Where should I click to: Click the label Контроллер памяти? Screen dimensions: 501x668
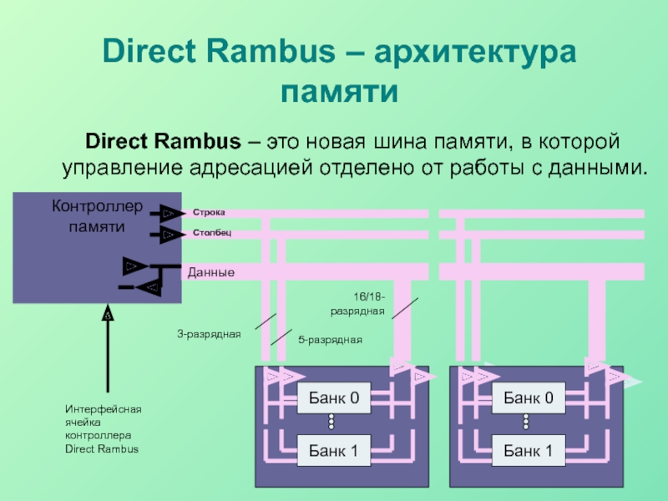[x=97, y=215]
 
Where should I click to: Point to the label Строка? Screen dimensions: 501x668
[x=209, y=213]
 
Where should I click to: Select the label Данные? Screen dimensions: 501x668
[x=210, y=273]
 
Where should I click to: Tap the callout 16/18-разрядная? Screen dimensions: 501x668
[x=357, y=304]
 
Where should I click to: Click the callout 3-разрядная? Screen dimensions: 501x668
[x=208, y=334]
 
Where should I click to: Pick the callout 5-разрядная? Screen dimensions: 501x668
[x=330, y=340]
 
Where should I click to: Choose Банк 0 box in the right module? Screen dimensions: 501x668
[x=528, y=398]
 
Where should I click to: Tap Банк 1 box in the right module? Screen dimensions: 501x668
[x=528, y=451]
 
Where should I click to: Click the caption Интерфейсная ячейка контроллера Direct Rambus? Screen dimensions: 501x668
[x=103, y=428]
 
